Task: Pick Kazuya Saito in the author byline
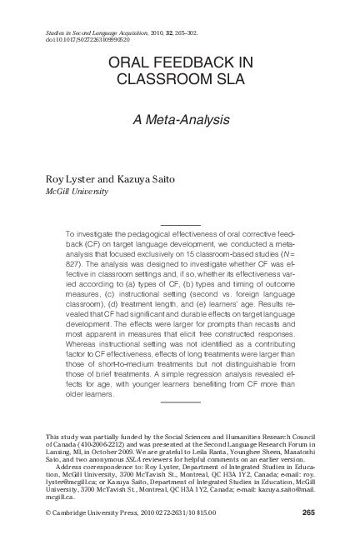tap(142, 178)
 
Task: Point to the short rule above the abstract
tap(179, 225)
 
